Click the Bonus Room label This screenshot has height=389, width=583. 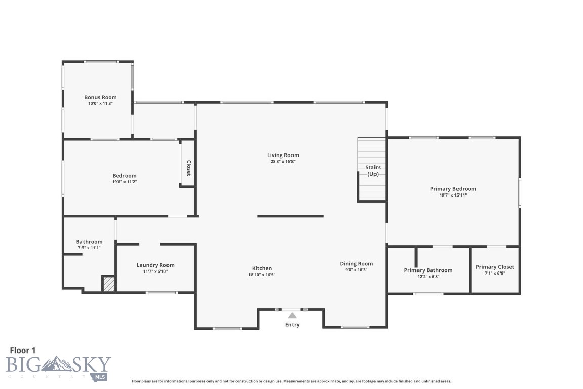pyautogui.click(x=100, y=98)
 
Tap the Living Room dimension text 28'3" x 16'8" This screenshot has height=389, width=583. pyautogui.click(x=283, y=162)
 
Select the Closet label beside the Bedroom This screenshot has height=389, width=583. pyautogui.click(x=189, y=168)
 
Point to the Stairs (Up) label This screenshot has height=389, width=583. pyautogui.click(x=373, y=171)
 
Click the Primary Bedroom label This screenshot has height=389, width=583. pyautogui.click(x=453, y=189)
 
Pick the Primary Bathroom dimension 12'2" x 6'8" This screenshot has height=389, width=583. pyautogui.click(x=428, y=277)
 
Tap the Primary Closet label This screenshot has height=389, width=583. pyautogui.click(x=495, y=267)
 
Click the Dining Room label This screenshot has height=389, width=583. pyautogui.click(x=356, y=264)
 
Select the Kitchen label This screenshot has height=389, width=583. pyautogui.click(x=262, y=268)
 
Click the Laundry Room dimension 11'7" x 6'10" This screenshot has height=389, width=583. pyautogui.click(x=155, y=271)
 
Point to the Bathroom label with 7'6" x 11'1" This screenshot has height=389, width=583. pyautogui.click(x=89, y=242)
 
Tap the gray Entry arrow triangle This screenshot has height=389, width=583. pyautogui.click(x=293, y=316)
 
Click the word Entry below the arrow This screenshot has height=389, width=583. pyautogui.click(x=292, y=325)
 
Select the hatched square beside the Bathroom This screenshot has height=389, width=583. pyautogui.click(x=109, y=284)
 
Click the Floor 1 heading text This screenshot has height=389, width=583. pyautogui.click(x=23, y=351)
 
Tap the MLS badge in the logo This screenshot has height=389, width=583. pyautogui.click(x=100, y=377)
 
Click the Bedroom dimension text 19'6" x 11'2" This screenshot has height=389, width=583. pyautogui.click(x=124, y=182)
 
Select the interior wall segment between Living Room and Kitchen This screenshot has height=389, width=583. pyautogui.click(x=290, y=216)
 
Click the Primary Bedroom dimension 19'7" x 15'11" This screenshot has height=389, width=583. pyautogui.click(x=453, y=195)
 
